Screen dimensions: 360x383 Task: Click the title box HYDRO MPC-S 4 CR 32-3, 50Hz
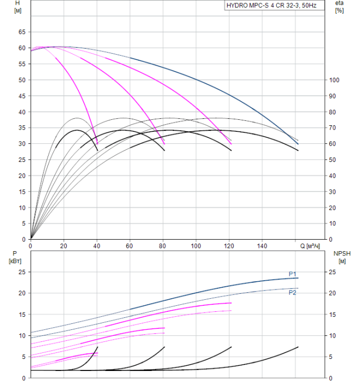point(275,5)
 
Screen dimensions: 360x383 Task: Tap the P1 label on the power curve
point(292,274)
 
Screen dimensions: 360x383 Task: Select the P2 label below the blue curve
point(292,293)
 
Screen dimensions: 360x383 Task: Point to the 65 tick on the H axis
point(22,32)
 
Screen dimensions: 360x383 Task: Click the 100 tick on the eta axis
point(334,80)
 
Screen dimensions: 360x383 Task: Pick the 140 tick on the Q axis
point(262,246)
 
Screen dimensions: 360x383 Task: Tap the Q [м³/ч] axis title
point(310,246)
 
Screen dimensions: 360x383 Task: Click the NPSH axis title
point(342,257)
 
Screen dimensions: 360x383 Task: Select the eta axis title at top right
point(339,7)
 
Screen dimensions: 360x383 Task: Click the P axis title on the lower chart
point(15,257)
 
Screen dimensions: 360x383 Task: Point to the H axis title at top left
point(18,7)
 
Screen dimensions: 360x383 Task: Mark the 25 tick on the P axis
point(22,272)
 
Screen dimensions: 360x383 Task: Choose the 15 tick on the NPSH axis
point(333,315)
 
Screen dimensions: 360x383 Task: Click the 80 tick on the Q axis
point(162,246)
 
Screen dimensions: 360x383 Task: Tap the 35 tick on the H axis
point(22,127)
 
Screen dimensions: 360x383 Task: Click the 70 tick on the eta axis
point(333,127)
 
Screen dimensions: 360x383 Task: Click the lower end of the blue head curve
point(298,144)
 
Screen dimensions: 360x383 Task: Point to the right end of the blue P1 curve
point(298,278)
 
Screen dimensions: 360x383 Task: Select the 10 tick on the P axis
point(22,336)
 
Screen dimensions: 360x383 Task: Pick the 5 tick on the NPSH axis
point(330,357)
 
